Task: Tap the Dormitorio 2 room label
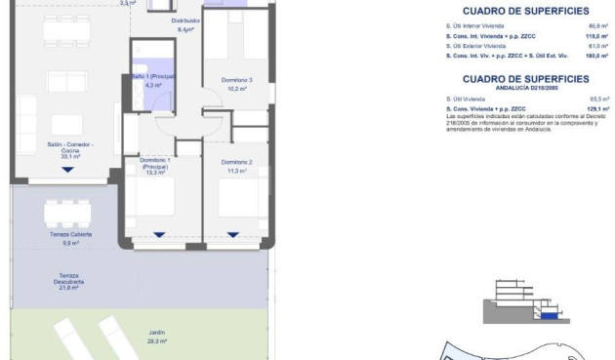tap(237, 162)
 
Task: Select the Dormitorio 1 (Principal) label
tap(155, 163)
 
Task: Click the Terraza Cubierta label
tap(68, 235)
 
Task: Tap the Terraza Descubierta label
tap(68, 278)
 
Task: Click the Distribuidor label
tap(185, 20)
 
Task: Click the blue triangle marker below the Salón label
tap(67, 170)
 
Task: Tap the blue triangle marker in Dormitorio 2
tap(232, 234)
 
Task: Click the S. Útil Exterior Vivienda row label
tap(476, 47)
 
